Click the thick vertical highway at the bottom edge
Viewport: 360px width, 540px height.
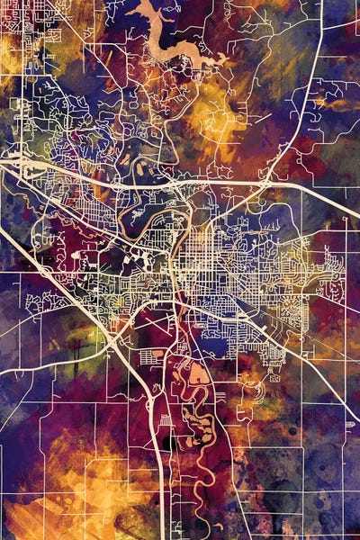[162, 513]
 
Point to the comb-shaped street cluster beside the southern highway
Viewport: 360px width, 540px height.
[165, 423]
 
